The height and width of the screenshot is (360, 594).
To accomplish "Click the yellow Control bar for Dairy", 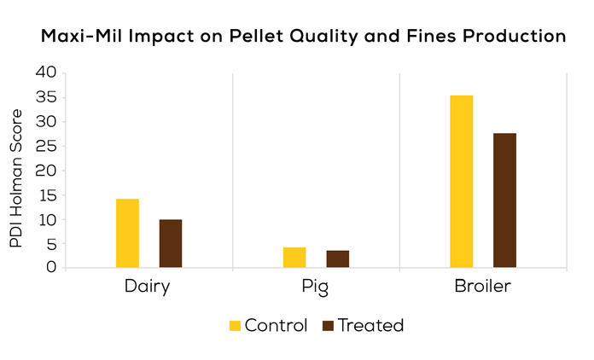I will [x=127, y=233].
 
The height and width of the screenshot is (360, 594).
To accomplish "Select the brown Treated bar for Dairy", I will [x=171, y=244].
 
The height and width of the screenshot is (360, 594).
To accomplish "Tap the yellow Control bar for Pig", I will [x=294, y=258].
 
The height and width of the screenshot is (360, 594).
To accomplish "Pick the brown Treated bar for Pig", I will [x=338, y=259].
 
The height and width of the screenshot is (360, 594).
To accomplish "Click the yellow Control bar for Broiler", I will [x=462, y=182].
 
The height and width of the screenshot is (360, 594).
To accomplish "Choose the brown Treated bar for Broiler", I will [x=504, y=200].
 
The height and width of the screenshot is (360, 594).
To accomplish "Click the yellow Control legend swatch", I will [x=236, y=325].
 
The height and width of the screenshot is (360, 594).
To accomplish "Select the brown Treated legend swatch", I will [x=329, y=325].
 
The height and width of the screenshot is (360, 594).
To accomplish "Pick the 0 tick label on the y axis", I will [x=50, y=268].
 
